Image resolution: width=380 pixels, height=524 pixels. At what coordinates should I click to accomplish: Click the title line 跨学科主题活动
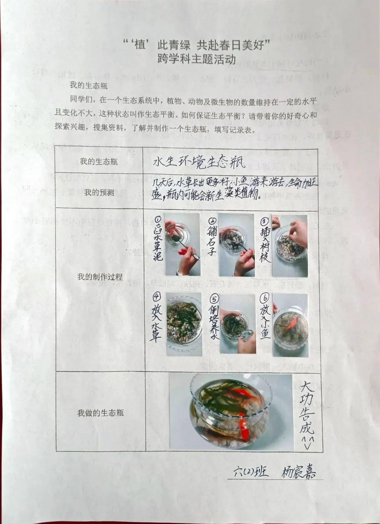pos(196,59)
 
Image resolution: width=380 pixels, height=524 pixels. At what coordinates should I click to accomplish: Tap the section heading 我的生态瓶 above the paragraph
pos(89,86)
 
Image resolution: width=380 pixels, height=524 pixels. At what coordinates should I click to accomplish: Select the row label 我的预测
pos(99,192)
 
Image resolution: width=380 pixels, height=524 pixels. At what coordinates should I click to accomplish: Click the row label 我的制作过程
pos(100,277)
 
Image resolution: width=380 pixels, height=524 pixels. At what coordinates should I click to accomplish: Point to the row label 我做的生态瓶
pos(100,413)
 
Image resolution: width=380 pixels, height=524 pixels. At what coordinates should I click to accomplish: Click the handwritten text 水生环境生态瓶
pos(199,162)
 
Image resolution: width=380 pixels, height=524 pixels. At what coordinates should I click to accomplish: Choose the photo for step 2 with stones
pos(236,245)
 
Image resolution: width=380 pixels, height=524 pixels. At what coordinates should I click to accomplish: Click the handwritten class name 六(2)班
pos(251,471)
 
